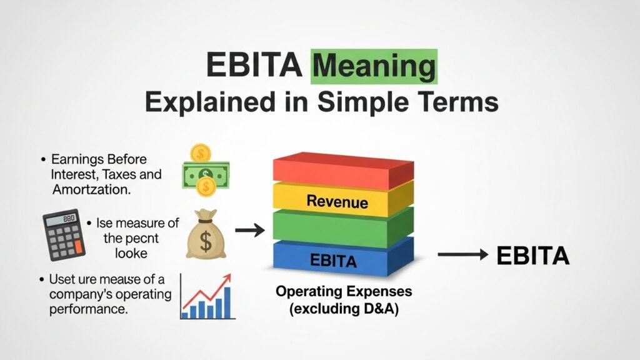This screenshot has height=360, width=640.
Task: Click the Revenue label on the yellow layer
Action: [337, 202]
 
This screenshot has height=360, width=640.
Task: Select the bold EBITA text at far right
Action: [532, 256]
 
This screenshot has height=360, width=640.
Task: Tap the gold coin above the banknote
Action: [201, 152]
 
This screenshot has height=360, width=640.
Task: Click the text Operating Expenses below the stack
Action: [344, 292]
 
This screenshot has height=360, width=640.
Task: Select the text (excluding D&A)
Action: [344, 309]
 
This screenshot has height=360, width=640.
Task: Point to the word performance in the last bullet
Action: [88, 309]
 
